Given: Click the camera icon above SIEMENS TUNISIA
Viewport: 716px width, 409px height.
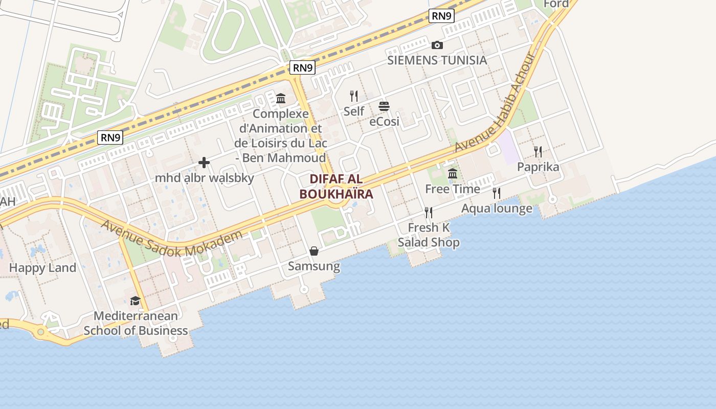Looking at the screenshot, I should pos(437,45).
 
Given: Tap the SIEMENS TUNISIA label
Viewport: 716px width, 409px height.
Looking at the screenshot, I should pos(437,60).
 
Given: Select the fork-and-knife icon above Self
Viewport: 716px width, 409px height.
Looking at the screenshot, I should pos(353,96).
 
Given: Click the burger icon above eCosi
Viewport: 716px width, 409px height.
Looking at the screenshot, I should pos(384,106).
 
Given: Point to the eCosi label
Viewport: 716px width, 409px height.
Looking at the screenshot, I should pos(384,122).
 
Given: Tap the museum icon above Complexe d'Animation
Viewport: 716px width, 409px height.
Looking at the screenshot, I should pos(281,98).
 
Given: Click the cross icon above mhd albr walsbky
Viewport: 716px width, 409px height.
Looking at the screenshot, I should pos(204,163).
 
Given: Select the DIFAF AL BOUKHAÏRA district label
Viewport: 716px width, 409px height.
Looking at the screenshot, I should pos(336,187).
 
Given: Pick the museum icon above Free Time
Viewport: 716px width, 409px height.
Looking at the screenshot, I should pos(453,174).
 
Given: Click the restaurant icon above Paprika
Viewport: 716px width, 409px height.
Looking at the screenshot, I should pos(538,151).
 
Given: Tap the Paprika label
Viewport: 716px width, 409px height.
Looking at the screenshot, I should pos(538,167).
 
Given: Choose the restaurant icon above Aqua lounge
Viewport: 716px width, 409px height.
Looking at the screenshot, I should pos(496,193).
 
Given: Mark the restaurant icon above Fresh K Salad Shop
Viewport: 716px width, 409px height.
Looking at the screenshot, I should pos(429,212).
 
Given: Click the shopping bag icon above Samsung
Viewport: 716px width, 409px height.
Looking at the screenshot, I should pos(314,251).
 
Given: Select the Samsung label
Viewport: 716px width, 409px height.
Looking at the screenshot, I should pos(314,266).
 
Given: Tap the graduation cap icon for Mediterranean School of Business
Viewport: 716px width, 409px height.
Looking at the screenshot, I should pos(135,301).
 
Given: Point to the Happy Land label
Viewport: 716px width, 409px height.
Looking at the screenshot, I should pos(42,267).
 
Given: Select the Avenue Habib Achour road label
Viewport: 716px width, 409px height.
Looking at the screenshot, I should pos(495,103).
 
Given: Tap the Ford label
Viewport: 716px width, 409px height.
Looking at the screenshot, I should pos(556,4).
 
